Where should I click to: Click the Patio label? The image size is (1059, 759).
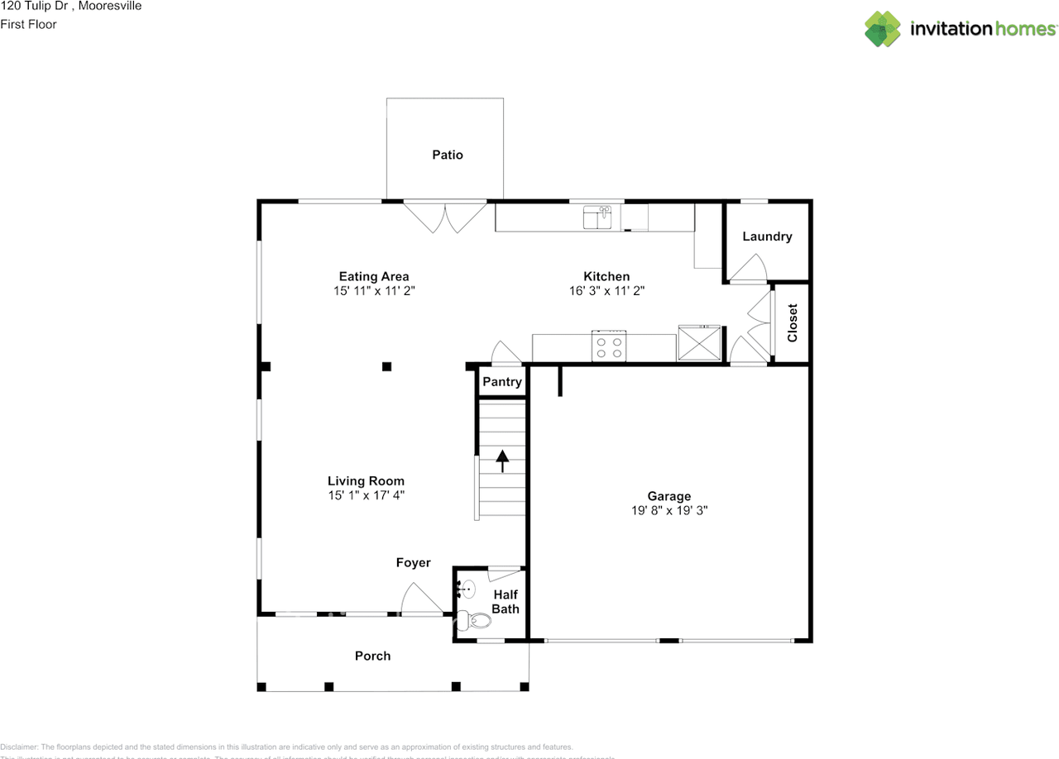coord(448,155)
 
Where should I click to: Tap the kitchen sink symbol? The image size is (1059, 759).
coord(597,217)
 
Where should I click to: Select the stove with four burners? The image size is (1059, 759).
coord(609,346)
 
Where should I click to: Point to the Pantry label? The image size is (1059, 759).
coord(502,382)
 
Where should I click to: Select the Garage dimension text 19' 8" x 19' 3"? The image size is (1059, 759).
coord(668,511)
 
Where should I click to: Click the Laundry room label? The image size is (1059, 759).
coord(767,236)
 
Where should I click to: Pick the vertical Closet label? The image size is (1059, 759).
coord(792,323)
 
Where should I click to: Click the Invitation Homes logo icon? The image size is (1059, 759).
coord(883,29)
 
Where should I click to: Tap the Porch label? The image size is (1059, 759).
coord(372,656)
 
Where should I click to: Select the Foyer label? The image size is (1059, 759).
coord(413,562)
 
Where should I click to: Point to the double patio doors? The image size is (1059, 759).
coord(445,217)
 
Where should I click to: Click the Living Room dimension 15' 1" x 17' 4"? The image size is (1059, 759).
coord(366,495)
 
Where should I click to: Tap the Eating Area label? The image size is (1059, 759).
coord(374,276)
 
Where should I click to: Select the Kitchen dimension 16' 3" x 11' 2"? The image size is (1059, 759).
coord(606,291)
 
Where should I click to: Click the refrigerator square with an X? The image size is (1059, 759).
coord(699,344)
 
